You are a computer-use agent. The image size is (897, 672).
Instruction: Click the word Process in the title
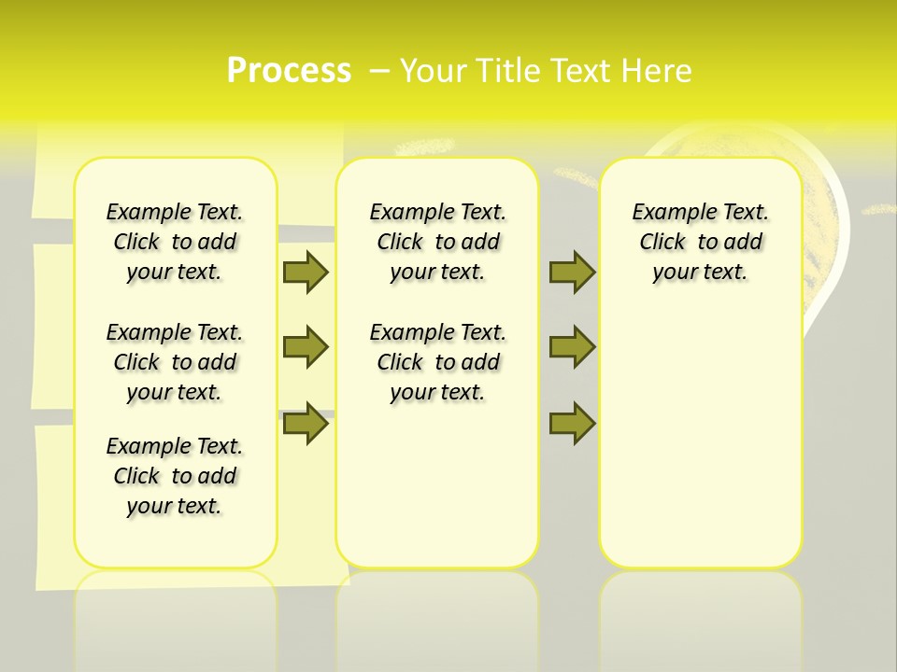pyautogui.click(x=289, y=71)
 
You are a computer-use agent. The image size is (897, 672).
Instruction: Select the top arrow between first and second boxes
pyautogui.click(x=306, y=272)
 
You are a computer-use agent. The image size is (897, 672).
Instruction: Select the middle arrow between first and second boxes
pyautogui.click(x=306, y=347)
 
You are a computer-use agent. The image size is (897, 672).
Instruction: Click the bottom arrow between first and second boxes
pyautogui.click(x=306, y=424)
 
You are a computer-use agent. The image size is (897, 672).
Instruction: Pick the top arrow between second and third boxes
pyautogui.click(x=572, y=272)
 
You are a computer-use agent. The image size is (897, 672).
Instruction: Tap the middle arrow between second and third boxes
pyautogui.click(x=572, y=347)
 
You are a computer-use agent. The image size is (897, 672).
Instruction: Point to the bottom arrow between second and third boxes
pyautogui.click(x=572, y=424)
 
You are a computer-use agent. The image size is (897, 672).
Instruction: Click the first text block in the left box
pyautogui.click(x=175, y=242)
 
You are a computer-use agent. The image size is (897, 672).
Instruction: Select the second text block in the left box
pyautogui.click(x=175, y=362)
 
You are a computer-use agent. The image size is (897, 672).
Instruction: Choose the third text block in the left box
pyautogui.click(x=175, y=476)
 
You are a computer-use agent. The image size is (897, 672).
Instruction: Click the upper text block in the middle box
pyautogui.click(x=437, y=242)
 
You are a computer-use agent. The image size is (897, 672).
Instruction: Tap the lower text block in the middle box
pyautogui.click(x=437, y=362)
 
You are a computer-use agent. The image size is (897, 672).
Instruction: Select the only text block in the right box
pyautogui.click(x=701, y=242)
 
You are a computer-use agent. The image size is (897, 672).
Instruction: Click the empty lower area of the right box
pyautogui.click(x=701, y=439)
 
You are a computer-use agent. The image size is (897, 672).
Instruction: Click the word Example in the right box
pyautogui.click(x=668, y=213)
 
